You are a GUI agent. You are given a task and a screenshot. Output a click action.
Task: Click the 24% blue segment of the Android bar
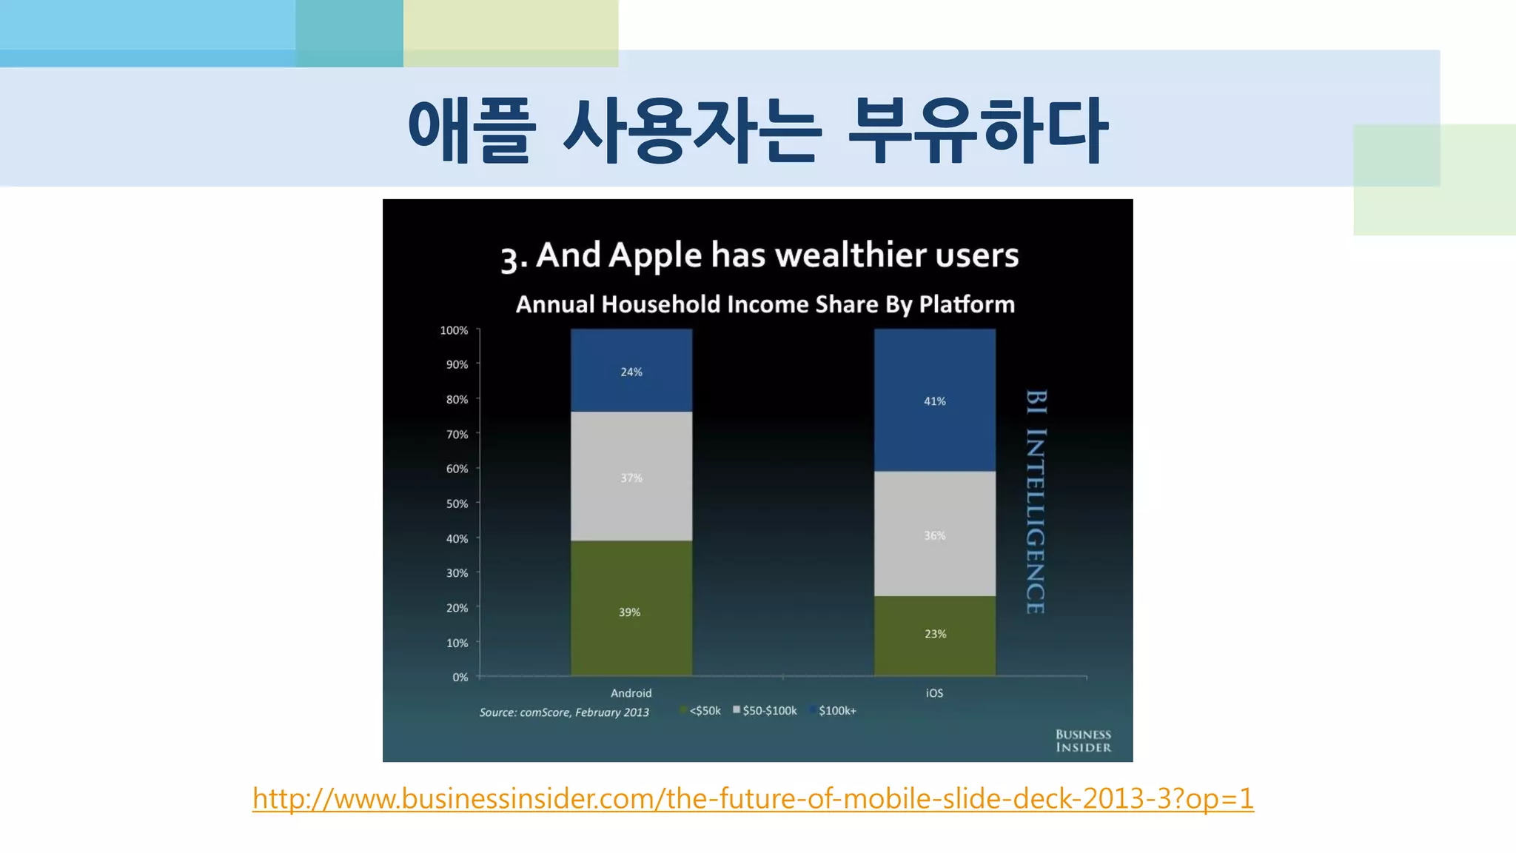pos(631,370)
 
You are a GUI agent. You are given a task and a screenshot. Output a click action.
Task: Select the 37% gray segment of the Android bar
pos(631,476)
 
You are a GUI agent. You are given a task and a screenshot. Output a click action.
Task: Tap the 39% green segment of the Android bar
pos(631,609)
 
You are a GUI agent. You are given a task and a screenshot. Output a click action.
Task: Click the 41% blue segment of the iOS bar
pos(934,400)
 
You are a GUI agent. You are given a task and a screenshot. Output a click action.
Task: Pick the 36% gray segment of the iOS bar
pos(934,534)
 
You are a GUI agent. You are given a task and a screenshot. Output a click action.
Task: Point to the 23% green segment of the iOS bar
pos(934,635)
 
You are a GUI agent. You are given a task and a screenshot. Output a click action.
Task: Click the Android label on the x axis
pos(631,693)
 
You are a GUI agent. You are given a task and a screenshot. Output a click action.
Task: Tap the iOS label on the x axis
pos(934,693)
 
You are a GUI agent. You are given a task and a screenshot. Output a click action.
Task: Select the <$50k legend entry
pos(702,711)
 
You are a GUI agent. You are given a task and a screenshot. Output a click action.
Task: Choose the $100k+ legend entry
pos(835,711)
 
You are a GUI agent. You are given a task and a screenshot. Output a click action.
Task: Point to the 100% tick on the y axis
pos(454,330)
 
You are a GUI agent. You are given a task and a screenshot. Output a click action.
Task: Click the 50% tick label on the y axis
pos(457,504)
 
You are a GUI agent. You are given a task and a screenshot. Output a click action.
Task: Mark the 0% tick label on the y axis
pos(460,678)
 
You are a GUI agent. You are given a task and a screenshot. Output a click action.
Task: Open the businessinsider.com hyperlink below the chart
pos(753,799)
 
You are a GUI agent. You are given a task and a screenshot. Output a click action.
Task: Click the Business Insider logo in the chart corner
pos(1083,740)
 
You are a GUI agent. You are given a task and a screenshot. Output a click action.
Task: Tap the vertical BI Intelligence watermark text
pos(1036,501)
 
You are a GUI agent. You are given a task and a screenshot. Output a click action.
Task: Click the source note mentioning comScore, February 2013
pos(564,712)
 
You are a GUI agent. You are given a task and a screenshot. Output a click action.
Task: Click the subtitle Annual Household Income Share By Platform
pos(765,304)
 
